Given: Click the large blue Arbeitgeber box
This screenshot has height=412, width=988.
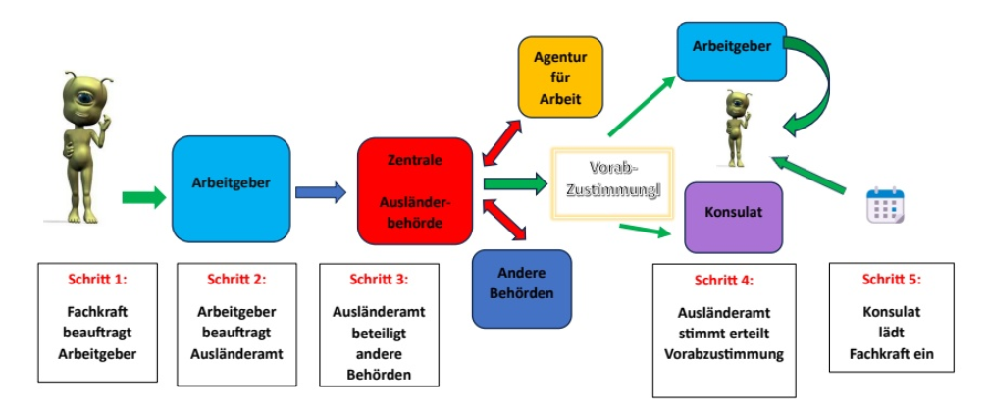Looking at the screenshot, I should click(231, 183).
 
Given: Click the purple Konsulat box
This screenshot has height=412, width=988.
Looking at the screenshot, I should click(733, 213).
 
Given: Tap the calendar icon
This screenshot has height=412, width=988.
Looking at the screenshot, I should click(884, 206).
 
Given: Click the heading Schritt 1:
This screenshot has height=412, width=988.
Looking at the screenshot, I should click(98, 279).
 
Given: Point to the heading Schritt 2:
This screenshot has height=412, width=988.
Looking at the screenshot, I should click(236, 279).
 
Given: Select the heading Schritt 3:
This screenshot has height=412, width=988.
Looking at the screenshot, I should click(378, 279).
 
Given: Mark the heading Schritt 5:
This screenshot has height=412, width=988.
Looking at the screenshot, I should click(890, 279).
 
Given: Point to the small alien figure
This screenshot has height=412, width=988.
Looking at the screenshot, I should click(736, 128).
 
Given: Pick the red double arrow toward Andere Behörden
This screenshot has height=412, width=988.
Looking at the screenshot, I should click(508, 217).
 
